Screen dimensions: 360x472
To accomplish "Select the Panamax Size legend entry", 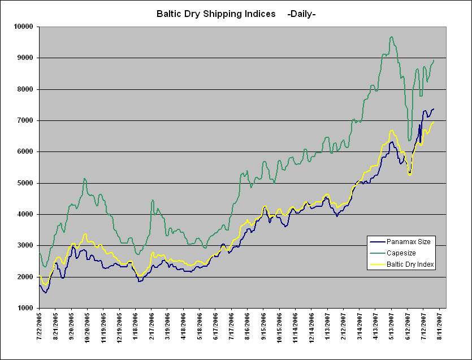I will pos(409,242).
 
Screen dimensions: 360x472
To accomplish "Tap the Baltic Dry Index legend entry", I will pos(410,264).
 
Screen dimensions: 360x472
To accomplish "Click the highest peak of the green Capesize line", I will pos(392,37).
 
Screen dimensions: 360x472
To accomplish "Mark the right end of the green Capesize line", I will pos(434,60).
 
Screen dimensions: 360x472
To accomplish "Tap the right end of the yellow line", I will pos(434,122).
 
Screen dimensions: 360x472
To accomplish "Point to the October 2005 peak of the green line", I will pos(85,179).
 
